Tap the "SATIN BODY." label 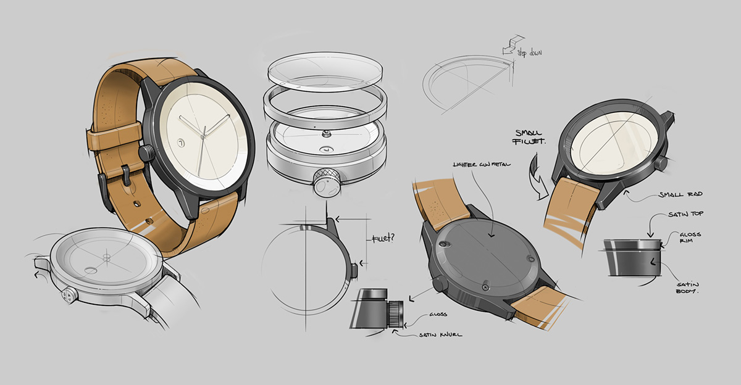(x=688, y=285)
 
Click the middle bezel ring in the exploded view (x=325, y=105)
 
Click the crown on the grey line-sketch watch (x=67, y=295)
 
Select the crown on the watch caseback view (x=439, y=283)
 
